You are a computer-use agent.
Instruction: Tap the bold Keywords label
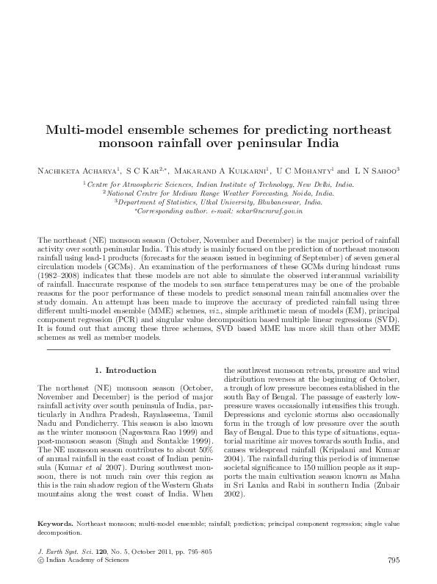[55, 524]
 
